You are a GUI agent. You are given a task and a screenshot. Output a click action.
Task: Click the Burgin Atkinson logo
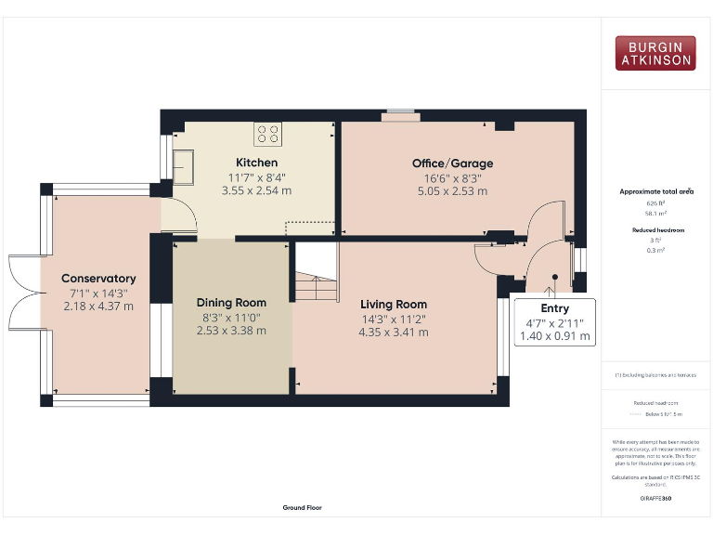655,53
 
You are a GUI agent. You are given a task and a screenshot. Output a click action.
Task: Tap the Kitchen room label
256,163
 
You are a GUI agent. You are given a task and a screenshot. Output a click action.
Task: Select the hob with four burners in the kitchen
268,134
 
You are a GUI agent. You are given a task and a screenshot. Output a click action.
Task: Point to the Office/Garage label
452,163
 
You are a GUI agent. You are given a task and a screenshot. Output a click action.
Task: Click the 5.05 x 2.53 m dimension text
452,191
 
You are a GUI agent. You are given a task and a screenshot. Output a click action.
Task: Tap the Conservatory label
98,279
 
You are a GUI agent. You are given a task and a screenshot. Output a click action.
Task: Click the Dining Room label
231,303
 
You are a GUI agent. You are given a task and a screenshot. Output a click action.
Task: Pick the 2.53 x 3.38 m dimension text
231,330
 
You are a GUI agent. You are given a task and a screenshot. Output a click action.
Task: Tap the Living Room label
394,304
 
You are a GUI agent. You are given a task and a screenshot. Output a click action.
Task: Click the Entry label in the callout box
554,308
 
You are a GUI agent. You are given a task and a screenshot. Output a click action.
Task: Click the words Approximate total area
656,191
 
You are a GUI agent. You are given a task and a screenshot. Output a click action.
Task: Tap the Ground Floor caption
303,508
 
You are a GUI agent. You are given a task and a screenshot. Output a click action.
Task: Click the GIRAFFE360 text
655,499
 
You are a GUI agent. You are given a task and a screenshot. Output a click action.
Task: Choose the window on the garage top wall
401,114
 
